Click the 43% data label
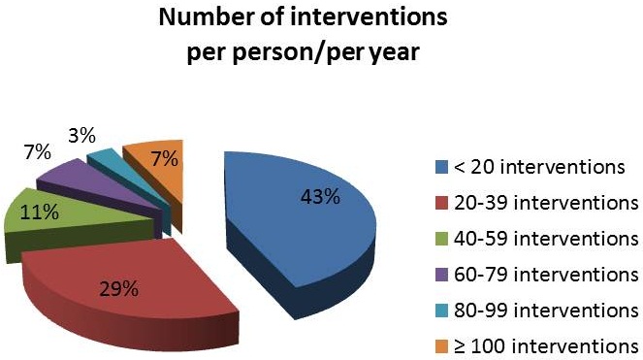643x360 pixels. (x=320, y=197)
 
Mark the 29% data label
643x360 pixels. (x=119, y=290)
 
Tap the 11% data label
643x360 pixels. (x=40, y=213)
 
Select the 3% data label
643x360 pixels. (x=82, y=136)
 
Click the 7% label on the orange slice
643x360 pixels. (x=165, y=159)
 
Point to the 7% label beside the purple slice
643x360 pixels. (x=37, y=152)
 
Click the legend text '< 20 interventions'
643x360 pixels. (x=539, y=167)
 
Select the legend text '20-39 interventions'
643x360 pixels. (x=546, y=203)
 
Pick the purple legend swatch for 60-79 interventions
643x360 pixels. (x=441, y=275)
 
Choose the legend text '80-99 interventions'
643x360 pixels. (x=546, y=311)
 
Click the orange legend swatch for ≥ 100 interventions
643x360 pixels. (x=441, y=346)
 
